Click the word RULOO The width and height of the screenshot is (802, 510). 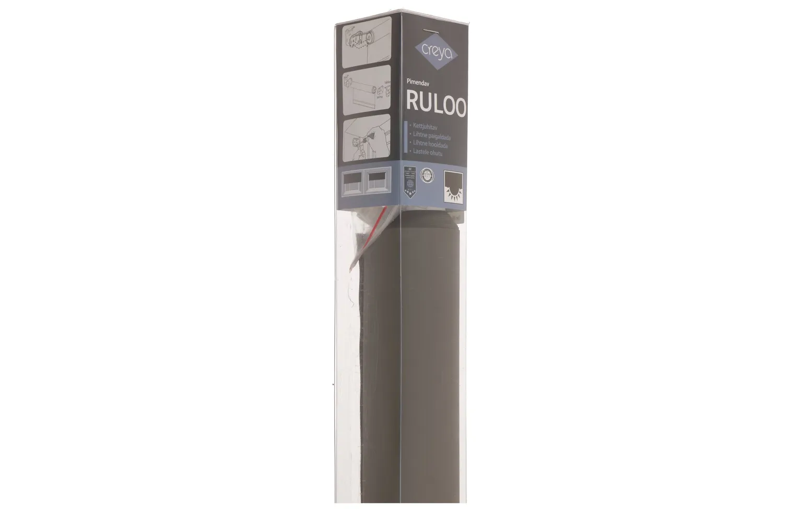(436, 102)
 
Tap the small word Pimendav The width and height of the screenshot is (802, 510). (418, 81)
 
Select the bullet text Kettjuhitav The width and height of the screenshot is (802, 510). (424, 126)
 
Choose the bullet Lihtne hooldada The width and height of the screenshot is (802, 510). (430, 144)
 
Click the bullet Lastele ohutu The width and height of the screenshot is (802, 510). (428, 153)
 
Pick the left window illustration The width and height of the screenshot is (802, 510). (353, 183)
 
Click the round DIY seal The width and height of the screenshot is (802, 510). (428, 174)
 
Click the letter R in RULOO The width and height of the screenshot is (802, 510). (412, 103)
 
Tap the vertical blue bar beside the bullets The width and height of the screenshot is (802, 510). (406, 138)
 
